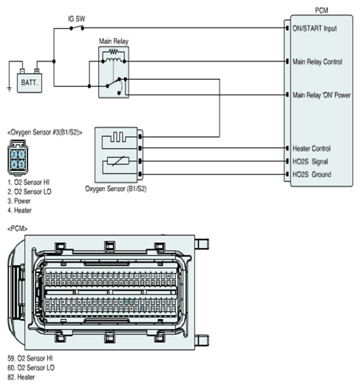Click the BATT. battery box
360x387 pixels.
pos(30,83)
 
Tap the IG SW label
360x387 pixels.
pos(76,18)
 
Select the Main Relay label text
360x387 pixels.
pos(114,41)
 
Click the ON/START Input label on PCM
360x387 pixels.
pos(314,28)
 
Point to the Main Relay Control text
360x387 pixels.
pos(317,61)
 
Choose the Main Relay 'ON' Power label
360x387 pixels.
pos(322,95)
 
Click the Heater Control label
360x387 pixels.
pos(311,149)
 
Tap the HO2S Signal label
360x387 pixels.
pos(310,161)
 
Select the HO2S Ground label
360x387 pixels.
pos(312,175)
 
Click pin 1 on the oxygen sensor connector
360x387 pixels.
pos(21,155)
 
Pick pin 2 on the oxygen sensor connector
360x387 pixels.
pos(14,155)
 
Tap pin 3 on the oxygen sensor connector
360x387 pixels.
pos(21,164)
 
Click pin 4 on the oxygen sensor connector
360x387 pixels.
pos(14,164)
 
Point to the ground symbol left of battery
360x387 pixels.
pos(10,90)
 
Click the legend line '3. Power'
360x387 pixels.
pos(19,201)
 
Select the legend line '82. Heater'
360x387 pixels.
pos(21,377)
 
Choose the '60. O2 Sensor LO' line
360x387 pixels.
pos(31,368)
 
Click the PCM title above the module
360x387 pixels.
pos(322,10)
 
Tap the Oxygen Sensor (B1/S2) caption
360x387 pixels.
pos(115,189)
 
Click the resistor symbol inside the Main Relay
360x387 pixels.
pos(113,52)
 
